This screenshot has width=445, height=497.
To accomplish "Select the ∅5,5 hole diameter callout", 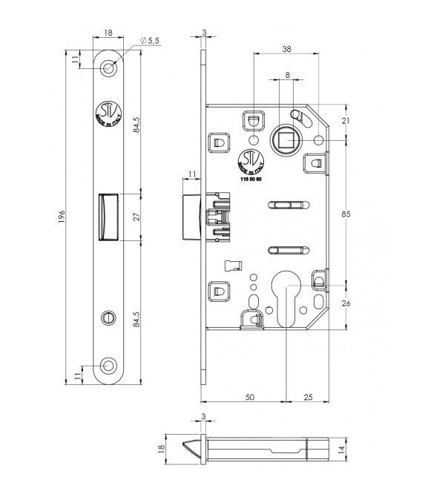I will tap(153, 42).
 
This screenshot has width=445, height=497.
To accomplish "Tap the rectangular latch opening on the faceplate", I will tap(109, 216).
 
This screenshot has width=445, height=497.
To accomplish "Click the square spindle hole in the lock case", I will tap(283, 139).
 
